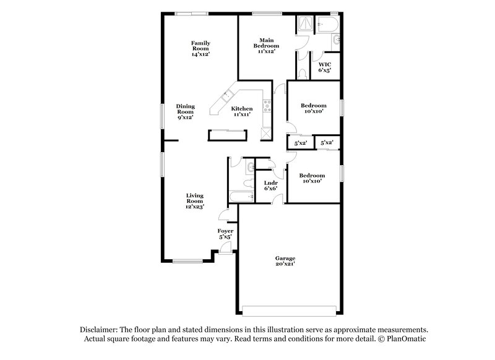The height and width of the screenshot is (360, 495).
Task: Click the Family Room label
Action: tap(200, 48)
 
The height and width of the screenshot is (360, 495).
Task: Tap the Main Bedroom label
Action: tap(266, 45)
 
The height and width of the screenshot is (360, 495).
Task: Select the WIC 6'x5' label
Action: tap(325, 67)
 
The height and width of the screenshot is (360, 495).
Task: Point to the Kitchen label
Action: tap(242, 111)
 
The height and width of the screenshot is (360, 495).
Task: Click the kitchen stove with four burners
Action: tap(267, 106)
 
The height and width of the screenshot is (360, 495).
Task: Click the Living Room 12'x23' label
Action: tap(195, 200)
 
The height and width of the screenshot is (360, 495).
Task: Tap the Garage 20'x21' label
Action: tap(285, 260)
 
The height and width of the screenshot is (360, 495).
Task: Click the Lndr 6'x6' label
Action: tap(270, 186)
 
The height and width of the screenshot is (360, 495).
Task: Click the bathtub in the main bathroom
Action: tap(328, 25)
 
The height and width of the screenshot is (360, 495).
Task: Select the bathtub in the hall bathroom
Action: tap(241, 197)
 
